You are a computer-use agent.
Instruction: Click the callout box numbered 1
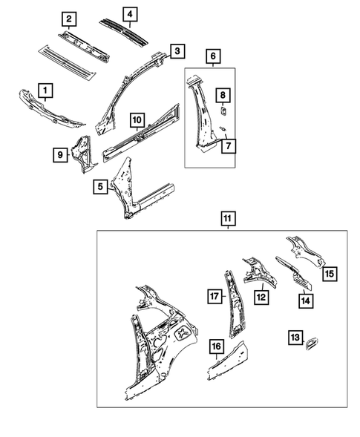point(45,91)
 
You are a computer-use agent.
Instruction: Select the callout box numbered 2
point(68,19)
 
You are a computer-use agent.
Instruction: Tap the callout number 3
point(177,51)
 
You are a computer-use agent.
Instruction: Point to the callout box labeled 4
point(130,14)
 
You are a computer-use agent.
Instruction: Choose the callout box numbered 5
point(99,187)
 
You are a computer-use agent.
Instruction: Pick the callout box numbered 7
point(228,146)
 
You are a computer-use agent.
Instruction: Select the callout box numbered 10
point(137,119)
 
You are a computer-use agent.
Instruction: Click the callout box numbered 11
point(228,219)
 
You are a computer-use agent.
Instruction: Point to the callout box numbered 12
point(261,298)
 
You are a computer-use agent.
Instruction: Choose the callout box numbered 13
point(295,338)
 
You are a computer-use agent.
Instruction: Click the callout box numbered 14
point(305,300)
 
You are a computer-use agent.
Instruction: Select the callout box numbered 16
point(216,346)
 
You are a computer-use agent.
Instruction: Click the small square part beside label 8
point(220,111)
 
